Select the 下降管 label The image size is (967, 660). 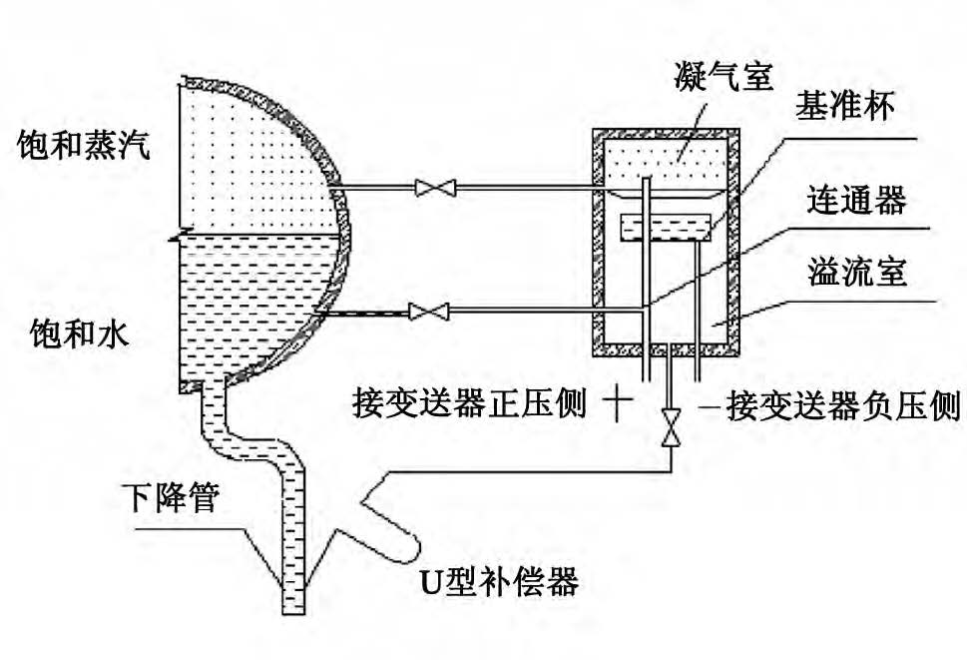(179, 496)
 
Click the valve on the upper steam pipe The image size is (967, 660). (435, 187)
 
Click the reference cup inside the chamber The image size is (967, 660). (664, 228)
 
